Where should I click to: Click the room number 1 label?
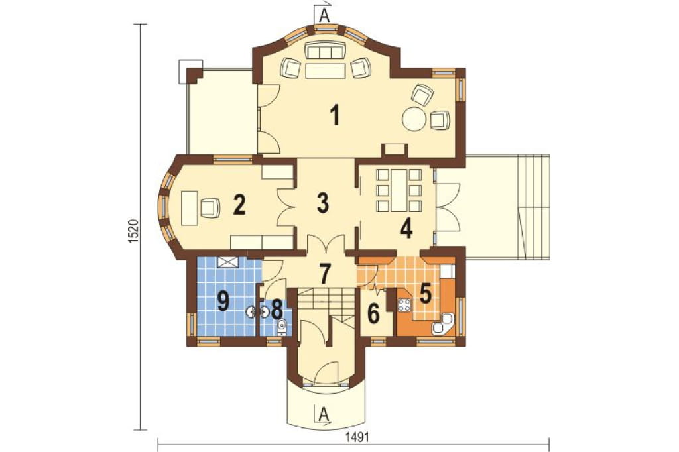(x=334, y=115)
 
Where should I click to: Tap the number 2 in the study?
(x=239, y=205)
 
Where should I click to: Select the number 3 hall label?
(x=323, y=203)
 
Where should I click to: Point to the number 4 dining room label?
(x=406, y=229)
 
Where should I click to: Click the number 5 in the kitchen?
(x=426, y=294)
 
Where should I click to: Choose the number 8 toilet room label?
(x=277, y=309)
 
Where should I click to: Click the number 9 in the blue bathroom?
(x=223, y=302)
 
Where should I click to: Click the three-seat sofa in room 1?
(x=325, y=52)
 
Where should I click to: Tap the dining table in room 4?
(x=399, y=190)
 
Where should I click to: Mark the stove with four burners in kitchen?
(x=404, y=306)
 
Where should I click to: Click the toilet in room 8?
(x=281, y=326)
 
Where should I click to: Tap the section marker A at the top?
(x=323, y=15)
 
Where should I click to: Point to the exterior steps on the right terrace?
(x=534, y=207)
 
